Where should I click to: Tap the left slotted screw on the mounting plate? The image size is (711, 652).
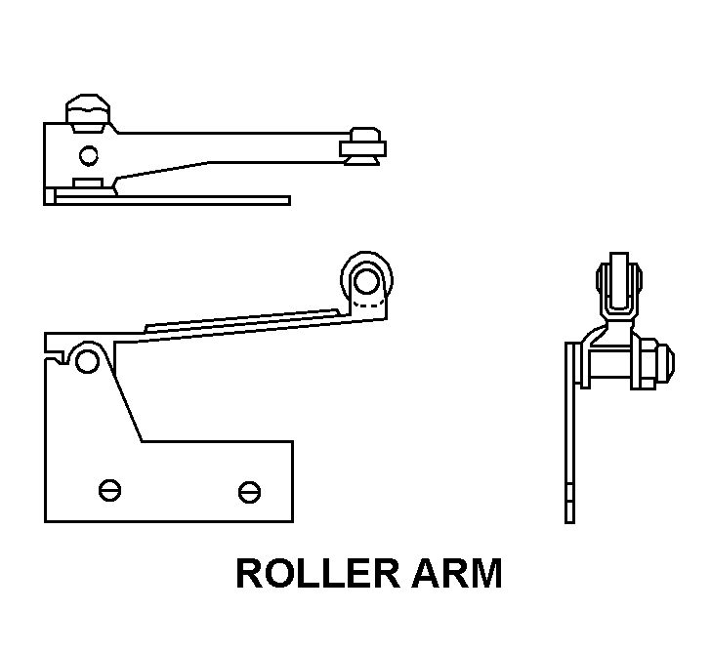pos(107,489)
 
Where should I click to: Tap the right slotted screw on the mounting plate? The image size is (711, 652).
pos(250,491)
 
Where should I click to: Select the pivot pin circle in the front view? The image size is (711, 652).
pos(87,362)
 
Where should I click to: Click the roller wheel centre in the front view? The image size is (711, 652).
pos(367,280)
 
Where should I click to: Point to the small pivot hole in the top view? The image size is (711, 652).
pos(89,154)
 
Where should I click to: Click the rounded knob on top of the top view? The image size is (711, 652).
pos(87,109)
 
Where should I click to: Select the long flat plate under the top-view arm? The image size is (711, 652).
pos(176,200)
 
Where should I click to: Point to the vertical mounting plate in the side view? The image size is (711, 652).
pos(570,439)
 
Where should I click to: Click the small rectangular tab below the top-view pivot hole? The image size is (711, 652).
pos(88,183)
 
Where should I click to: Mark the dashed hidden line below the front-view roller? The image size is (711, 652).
pos(367,306)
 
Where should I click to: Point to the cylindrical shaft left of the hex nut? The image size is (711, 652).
pos(607,366)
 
